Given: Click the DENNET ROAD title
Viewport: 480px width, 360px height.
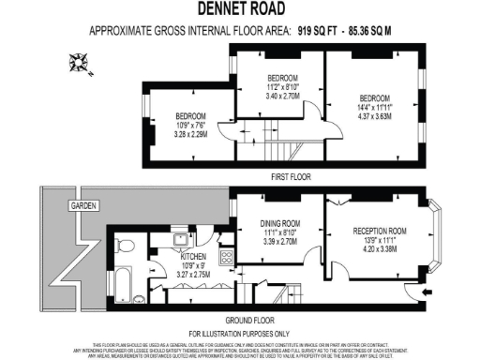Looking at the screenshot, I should [x=239, y=9].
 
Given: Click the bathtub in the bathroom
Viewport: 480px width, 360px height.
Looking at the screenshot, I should [x=125, y=281].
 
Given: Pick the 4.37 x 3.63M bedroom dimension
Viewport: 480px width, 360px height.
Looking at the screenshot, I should [x=373, y=116].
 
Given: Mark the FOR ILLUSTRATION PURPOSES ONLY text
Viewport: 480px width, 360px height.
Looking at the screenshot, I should [x=240, y=333].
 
